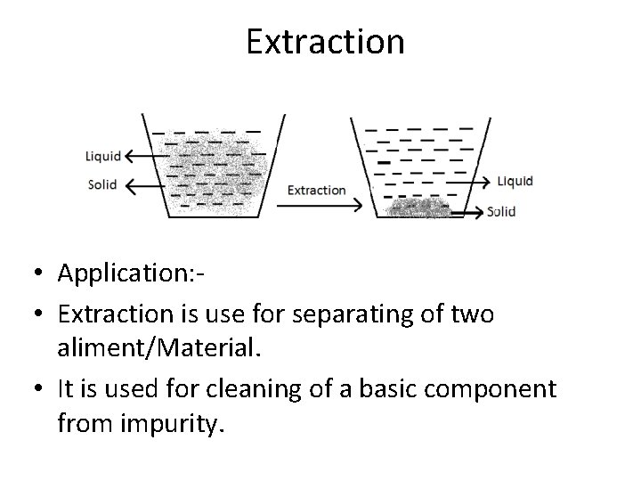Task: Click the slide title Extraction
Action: point(325,41)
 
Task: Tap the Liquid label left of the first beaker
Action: point(103,156)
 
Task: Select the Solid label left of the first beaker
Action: point(102,185)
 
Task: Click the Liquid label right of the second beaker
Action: point(515,181)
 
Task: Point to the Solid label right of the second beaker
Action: point(502,212)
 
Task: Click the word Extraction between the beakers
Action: point(316,190)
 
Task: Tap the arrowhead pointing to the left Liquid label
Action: point(130,157)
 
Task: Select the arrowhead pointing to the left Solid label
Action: point(130,186)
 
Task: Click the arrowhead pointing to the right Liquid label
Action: point(486,182)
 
